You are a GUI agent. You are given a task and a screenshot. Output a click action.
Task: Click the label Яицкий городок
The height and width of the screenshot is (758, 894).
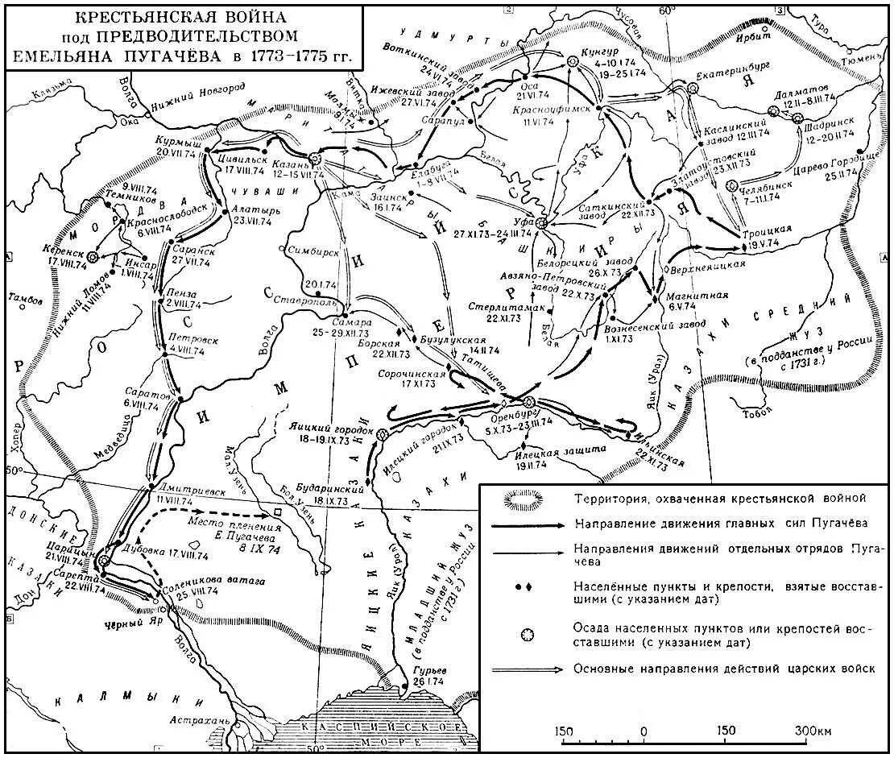pos(323,431)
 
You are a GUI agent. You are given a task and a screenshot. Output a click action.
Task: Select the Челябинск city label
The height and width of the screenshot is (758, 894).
pos(760,187)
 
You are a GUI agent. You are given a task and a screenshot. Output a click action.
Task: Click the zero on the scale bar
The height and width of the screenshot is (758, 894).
pos(643,731)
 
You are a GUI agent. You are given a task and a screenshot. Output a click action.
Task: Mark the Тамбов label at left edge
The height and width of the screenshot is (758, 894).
pos(24,299)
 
